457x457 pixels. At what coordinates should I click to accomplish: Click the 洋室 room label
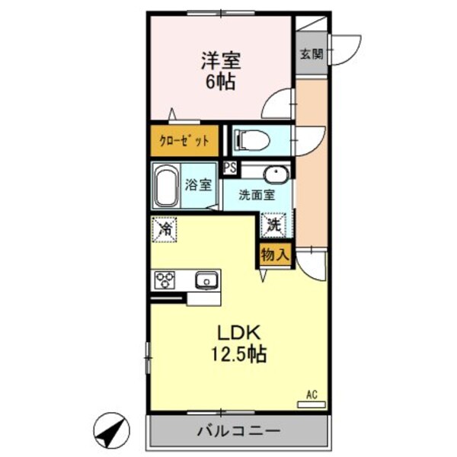[x=220, y=59]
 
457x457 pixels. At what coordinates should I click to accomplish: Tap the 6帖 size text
[x=220, y=81]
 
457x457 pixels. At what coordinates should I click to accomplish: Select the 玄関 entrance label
[x=309, y=53]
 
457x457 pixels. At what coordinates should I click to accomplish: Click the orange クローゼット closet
[x=184, y=141]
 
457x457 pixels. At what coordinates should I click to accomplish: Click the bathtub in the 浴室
[x=165, y=187]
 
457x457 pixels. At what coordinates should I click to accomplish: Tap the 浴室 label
[x=199, y=185]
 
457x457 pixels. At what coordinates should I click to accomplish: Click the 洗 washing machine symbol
[x=273, y=225]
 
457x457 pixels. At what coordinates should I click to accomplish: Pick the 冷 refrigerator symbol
[x=165, y=228]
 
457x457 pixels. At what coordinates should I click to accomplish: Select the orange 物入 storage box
[x=273, y=254]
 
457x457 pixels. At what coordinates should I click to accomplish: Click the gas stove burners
[x=165, y=280]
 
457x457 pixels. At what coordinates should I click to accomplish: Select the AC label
[x=311, y=394]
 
